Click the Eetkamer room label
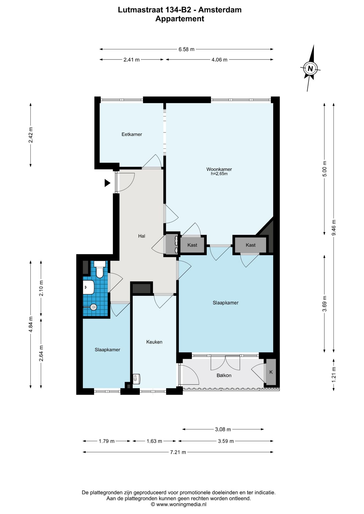(x=132, y=134)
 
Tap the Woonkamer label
(x=219, y=169)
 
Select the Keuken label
(x=154, y=342)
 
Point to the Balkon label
(x=224, y=375)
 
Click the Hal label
(x=142, y=236)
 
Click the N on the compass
(x=310, y=69)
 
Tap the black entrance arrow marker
(x=107, y=183)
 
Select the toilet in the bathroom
(x=100, y=270)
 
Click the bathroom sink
(x=88, y=287)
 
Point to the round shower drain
(x=94, y=307)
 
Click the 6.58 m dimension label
(x=186, y=49)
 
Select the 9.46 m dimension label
(x=334, y=228)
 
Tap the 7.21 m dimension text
(x=178, y=452)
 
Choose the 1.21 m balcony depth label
(x=334, y=374)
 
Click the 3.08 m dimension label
(x=223, y=429)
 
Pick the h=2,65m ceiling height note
(x=219, y=174)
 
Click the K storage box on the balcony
(x=271, y=372)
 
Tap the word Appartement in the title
(x=180, y=19)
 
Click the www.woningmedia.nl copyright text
(x=179, y=504)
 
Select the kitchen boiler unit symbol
(x=137, y=379)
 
